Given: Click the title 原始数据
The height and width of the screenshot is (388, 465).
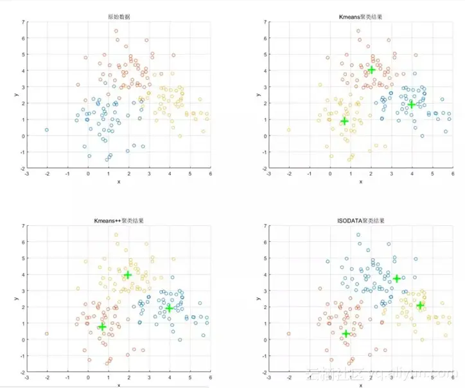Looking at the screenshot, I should tap(119, 16).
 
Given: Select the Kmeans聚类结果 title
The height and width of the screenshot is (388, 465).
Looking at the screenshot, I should tap(362, 16).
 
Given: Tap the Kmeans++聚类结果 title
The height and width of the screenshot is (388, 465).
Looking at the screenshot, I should tap(119, 220).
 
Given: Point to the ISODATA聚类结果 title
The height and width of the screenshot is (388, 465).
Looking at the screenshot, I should tap(362, 220).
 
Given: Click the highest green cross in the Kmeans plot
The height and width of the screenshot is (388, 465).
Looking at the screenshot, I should tap(371, 69).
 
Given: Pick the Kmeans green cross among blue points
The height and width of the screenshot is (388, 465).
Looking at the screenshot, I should tap(412, 104).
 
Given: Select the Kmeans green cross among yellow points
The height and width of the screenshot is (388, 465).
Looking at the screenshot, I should tap(344, 120).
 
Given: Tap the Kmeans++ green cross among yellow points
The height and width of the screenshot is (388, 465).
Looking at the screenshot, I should tap(128, 275).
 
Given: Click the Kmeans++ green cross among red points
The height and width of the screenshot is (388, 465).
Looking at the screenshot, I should tap(102, 327).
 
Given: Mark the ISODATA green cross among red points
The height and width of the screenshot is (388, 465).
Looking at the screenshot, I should tap(346, 333).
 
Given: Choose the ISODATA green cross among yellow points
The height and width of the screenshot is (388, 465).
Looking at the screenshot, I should tap(421, 306).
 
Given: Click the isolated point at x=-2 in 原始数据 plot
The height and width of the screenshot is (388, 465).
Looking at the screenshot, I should tap(46, 130).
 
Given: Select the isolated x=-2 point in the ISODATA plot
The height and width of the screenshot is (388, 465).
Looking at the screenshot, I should tap(289, 334).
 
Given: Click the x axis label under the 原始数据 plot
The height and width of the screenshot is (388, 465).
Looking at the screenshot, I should tap(119, 182).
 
